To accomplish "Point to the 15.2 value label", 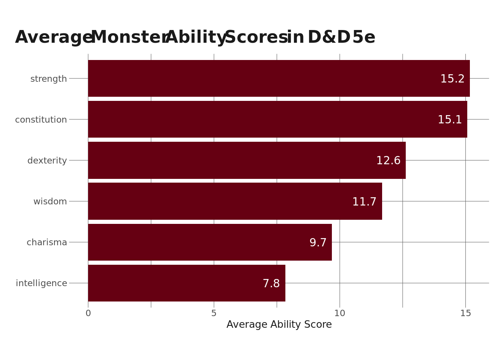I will pos(452,79).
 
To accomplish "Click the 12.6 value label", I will pos(388,161).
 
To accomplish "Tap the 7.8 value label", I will pos(271,284).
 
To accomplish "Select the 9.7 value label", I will pos(318,243).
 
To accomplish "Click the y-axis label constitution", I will pos(41,120).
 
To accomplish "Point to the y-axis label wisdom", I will pos(50,201).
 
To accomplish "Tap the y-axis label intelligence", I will pos(41,283).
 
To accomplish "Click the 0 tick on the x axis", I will pos(88,313).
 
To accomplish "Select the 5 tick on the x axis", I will pos(214,313).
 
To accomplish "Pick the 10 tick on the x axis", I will pos(339,313).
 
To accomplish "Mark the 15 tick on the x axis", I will pos(465,313).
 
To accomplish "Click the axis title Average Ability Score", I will pos(279,325).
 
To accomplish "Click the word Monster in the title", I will pos(129,37).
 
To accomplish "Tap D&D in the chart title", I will pos(329,37).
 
